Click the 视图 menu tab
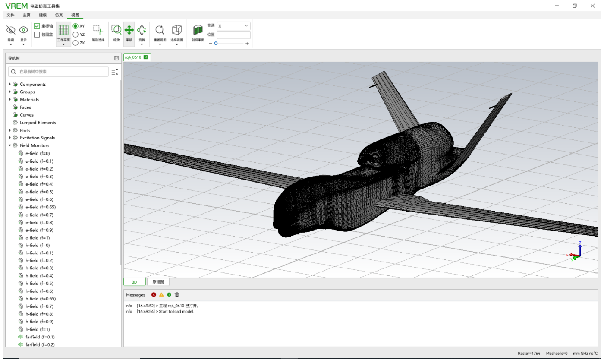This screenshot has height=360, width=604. coord(75,15)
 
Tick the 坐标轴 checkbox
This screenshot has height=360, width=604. coord(37,26)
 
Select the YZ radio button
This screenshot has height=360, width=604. coord(75,35)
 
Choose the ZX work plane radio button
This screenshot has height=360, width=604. coord(75,43)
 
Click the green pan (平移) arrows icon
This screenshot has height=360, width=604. coord(129,30)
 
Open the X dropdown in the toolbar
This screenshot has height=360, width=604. coord(233,26)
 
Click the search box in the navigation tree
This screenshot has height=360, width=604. coord(58,72)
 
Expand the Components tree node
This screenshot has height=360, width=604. coord(10,84)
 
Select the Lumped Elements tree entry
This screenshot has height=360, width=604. coord(38,123)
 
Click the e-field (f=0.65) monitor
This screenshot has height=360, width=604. coord(41,207)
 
